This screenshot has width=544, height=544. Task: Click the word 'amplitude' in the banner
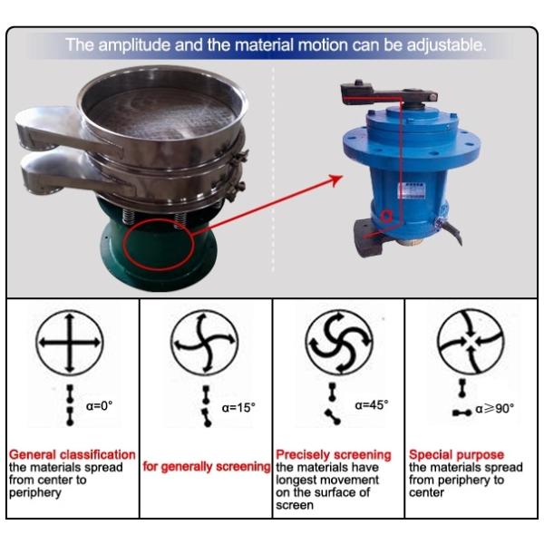[x=134, y=45]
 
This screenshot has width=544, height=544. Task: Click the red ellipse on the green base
[x=159, y=244]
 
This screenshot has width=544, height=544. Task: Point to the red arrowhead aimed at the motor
[x=335, y=180]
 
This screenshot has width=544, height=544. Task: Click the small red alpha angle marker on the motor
[x=386, y=216]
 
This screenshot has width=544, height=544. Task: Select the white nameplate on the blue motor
[x=412, y=190]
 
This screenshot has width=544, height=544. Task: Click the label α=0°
[x=99, y=405]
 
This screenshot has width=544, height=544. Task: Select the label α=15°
[x=238, y=408]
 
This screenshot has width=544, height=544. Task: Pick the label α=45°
[x=372, y=404]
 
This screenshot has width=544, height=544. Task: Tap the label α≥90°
[x=495, y=409]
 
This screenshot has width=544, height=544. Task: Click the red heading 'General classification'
[x=73, y=454]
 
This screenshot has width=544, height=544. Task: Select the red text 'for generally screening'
[x=207, y=467]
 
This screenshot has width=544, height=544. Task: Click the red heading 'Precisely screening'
[x=334, y=455]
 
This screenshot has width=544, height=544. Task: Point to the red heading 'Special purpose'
[x=456, y=454]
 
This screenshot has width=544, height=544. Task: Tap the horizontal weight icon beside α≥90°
[x=462, y=413]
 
